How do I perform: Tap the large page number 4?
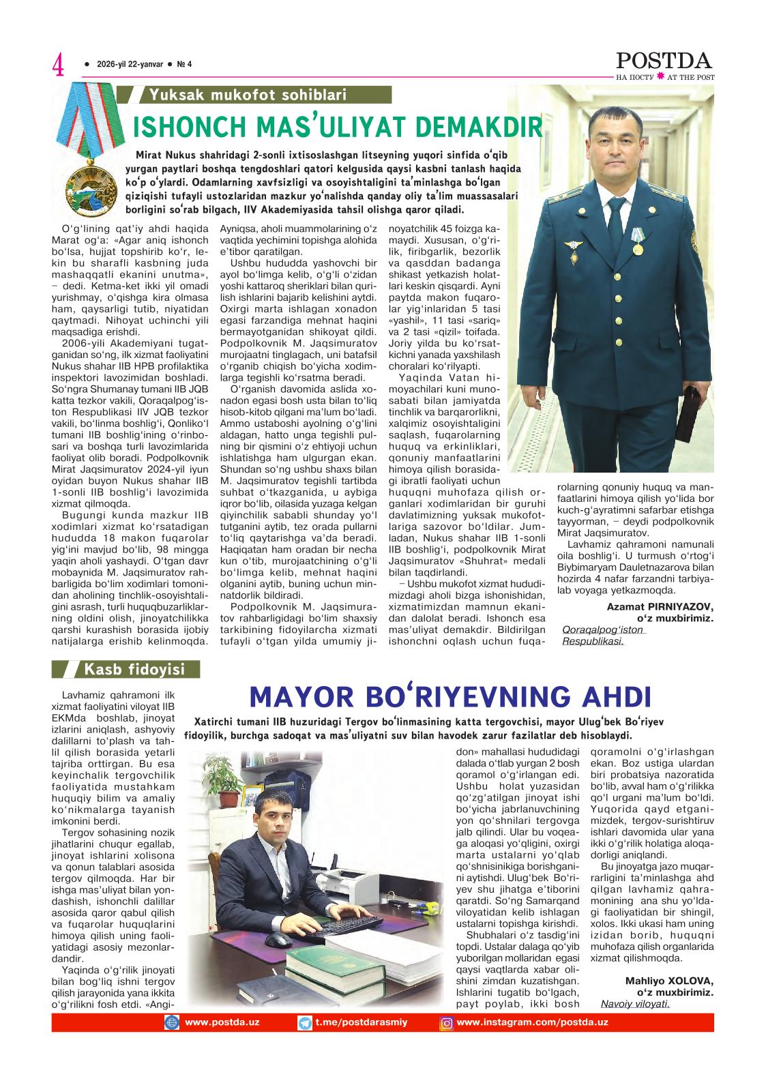[x=59, y=66]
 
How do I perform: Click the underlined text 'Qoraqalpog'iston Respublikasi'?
[x=603, y=635]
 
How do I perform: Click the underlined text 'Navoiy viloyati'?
[x=635, y=1004]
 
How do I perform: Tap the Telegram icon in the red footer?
[x=305, y=1023]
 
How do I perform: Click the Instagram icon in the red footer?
[x=447, y=1023]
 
